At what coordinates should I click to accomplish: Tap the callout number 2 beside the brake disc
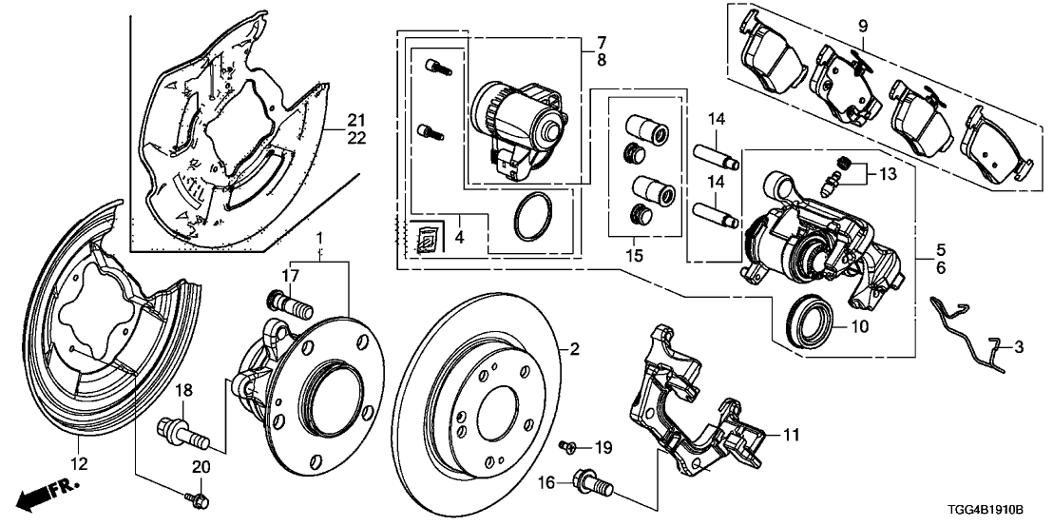[x=573, y=349]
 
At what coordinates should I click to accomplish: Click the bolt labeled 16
[x=591, y=485]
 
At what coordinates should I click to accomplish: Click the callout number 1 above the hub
[x=320, y=235]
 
